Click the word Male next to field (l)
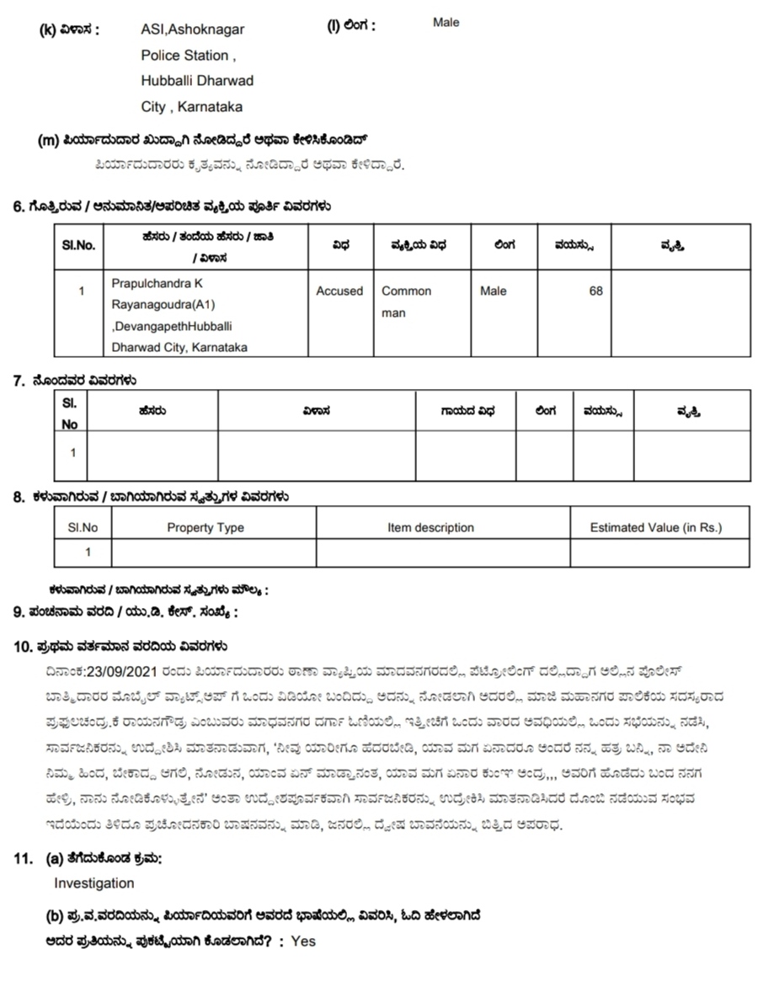[x=446, y=23]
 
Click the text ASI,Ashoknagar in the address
[x=193, y=29]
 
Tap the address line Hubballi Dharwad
[x=197, y=81]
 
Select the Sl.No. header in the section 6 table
[x=78, y=245]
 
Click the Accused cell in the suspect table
[x=339, y=291]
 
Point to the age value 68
[x=595, y=291]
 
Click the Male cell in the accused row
[x=494, y=291]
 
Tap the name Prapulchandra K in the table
[x=157, y=284]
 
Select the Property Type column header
[x=206, y=528]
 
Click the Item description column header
[x=430, y=528]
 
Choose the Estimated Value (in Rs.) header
[x=656, y=528]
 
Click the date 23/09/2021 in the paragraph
[x=115, y=672]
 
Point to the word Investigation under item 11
[x=94, y=883]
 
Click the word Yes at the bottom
[x=303, y=941]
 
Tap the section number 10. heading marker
[x=23, y=648]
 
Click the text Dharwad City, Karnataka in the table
[x=179, y=347]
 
